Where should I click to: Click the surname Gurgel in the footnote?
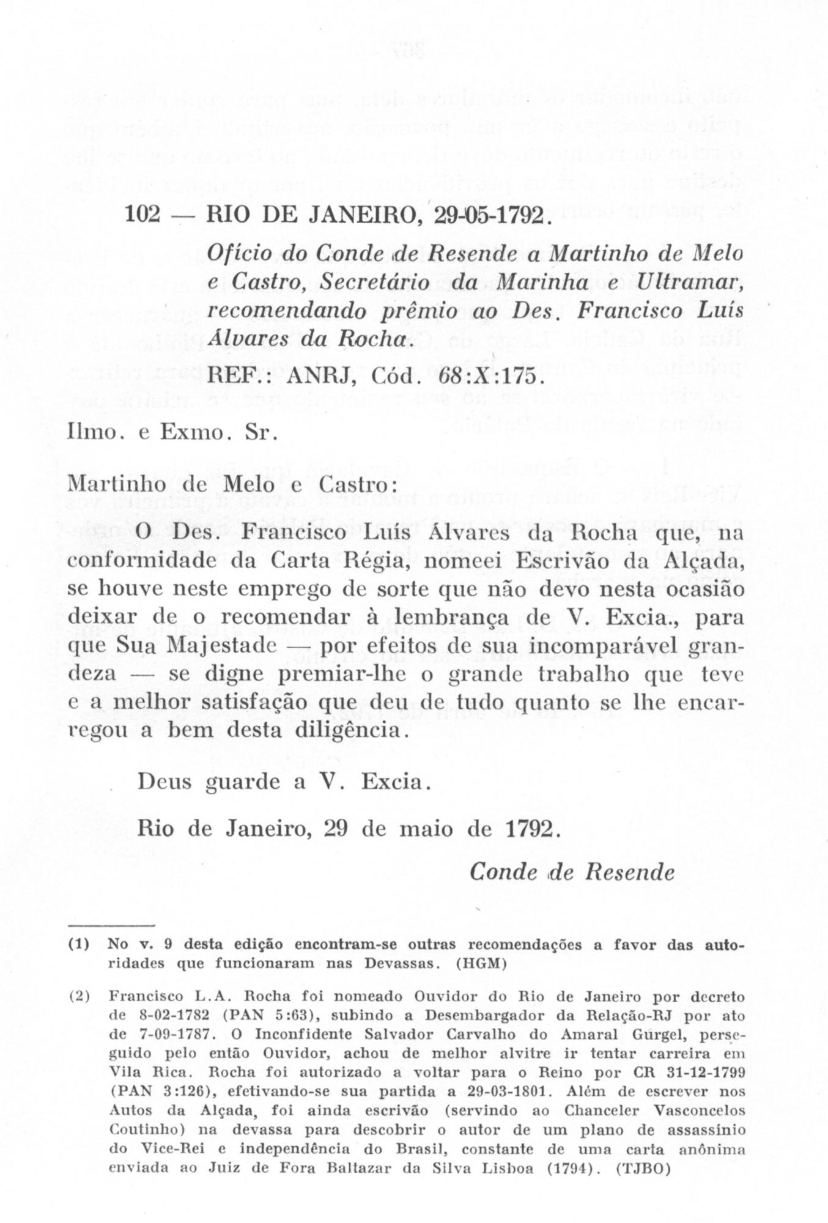pos(690,1035)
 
